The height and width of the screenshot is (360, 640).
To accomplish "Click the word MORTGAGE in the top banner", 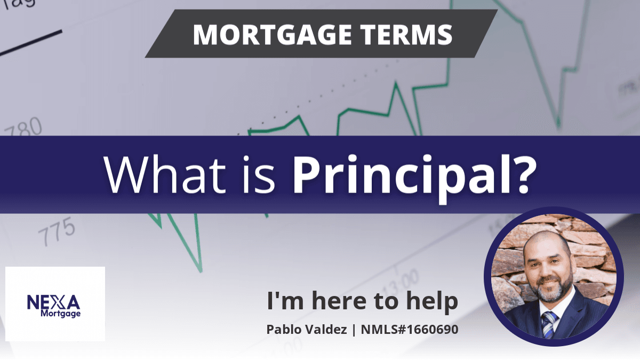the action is (272, 35).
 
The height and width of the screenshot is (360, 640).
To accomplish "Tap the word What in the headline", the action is (165, 175).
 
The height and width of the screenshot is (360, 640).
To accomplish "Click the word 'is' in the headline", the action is (259, 175).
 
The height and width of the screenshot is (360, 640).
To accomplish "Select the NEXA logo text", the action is (54, 302).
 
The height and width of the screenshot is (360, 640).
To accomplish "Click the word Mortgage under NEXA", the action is (61, 314).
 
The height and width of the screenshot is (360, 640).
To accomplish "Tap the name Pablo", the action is (283, 330).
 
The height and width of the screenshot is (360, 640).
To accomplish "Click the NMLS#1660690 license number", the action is (410, 330).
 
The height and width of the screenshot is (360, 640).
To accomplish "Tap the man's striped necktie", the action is (549, 325).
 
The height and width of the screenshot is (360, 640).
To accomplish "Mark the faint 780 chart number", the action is (23, 128).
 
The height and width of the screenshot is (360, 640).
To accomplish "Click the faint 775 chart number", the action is (57, 231).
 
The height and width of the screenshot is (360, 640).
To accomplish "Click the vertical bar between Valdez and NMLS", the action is (354, 330).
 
